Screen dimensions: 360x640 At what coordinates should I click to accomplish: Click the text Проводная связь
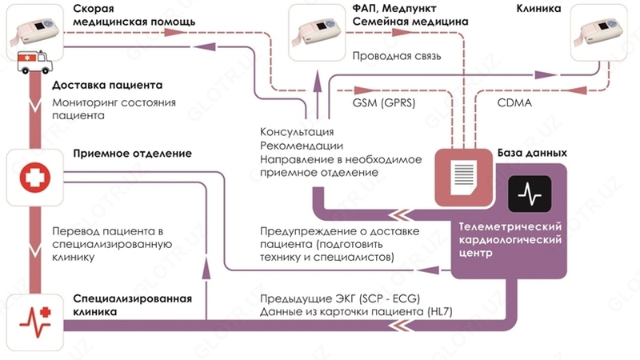click(x=390, y=57)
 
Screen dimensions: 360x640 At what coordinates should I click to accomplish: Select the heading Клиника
click(x=539, y=9)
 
